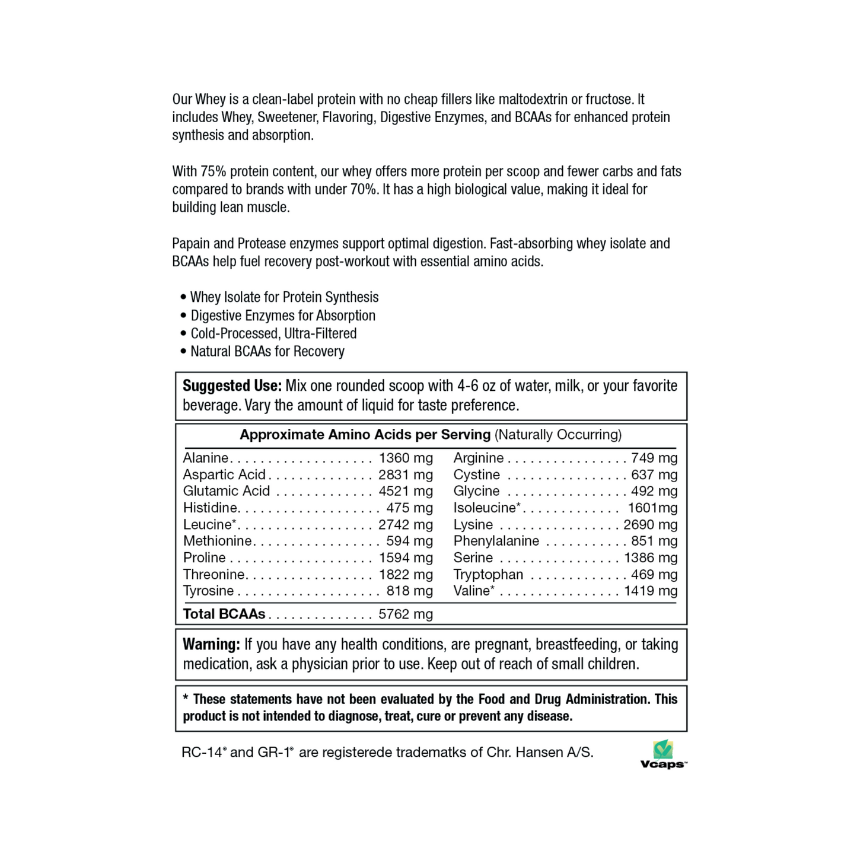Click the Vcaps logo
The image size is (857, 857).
[x=663, y=754]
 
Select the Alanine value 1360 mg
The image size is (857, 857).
[x=406, y=458]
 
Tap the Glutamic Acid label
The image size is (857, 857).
[x=226, y=491]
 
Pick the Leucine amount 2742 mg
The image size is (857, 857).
[x=406, y=524]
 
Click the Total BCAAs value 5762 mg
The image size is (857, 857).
[x=406, y=614]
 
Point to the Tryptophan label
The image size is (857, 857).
[x=488, y=574]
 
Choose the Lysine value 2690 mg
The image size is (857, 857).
[x=650, y=524]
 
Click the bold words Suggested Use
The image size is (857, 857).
[x=232, y=386]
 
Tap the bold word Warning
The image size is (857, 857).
[x=211, y=645]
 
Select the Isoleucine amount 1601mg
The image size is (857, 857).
[x=652, y=508]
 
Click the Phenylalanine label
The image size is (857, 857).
[x=496, y=541]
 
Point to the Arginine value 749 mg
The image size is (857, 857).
[x=654, y=458]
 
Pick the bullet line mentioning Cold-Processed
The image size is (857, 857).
[x=273, y=333]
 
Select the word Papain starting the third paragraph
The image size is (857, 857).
[x=190, y=244]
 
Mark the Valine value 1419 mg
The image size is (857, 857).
[x=651, y=591]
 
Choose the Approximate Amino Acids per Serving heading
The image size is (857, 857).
[x=365, y=435]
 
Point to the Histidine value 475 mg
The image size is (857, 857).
[x=409, y=508]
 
